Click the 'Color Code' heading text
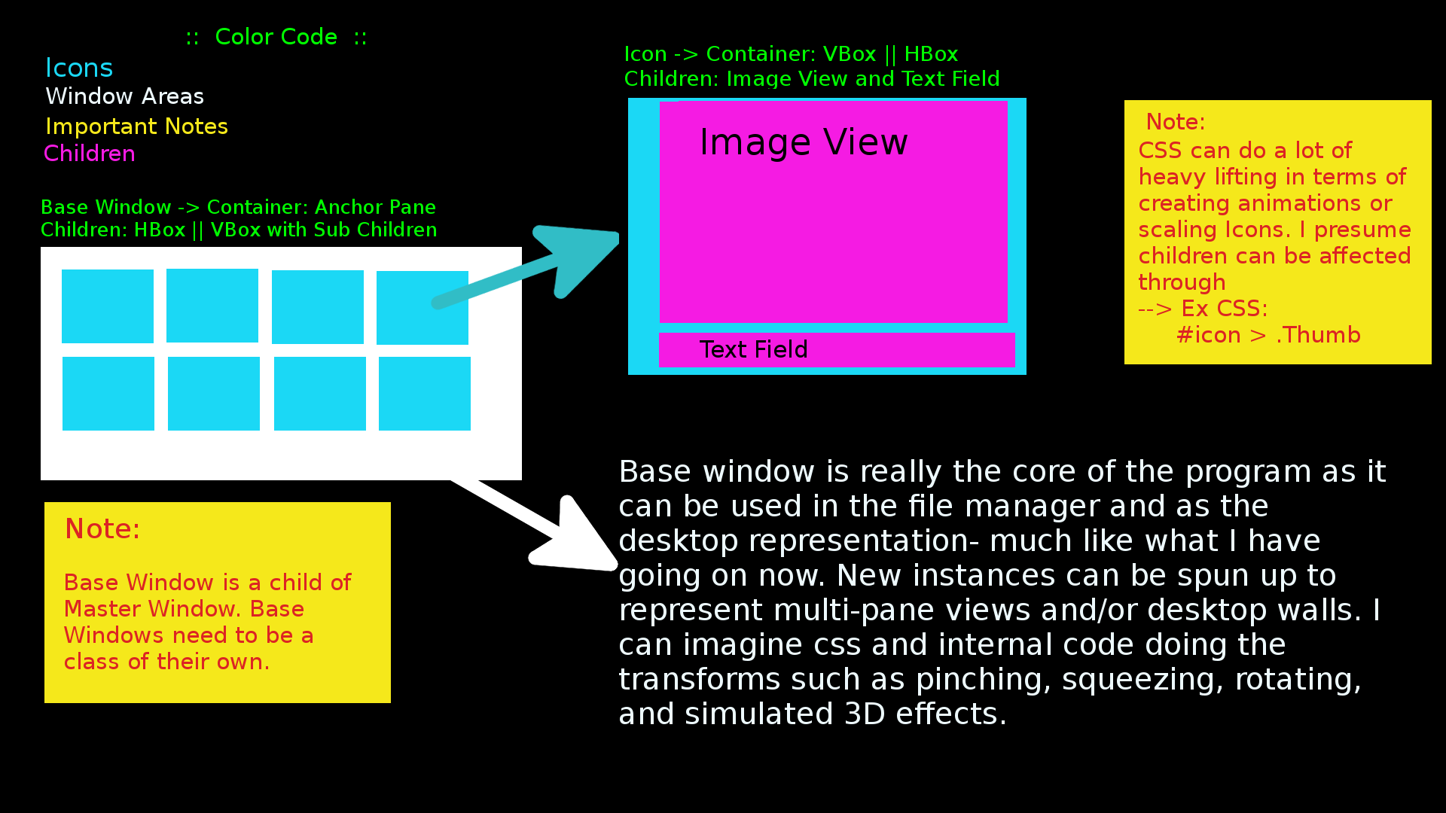coord(276,37)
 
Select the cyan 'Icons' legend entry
coord(79,69)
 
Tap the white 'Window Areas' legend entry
coord(124,96)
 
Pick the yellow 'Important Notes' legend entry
coord(136,126)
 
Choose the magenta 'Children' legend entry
coord(90,154)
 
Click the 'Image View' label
coord(804,142)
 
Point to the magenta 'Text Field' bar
coord(836,350)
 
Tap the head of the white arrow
coord(580,538)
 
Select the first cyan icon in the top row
coord(108,306)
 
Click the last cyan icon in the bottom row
coord(425,394)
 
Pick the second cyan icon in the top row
coord(212,306)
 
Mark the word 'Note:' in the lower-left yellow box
coord(102,529)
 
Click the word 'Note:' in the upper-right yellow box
coord(1175,122)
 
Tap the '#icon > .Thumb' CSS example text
coord(1268,335)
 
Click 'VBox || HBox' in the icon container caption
coord(890,54)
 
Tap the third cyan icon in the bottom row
coord(320,394)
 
